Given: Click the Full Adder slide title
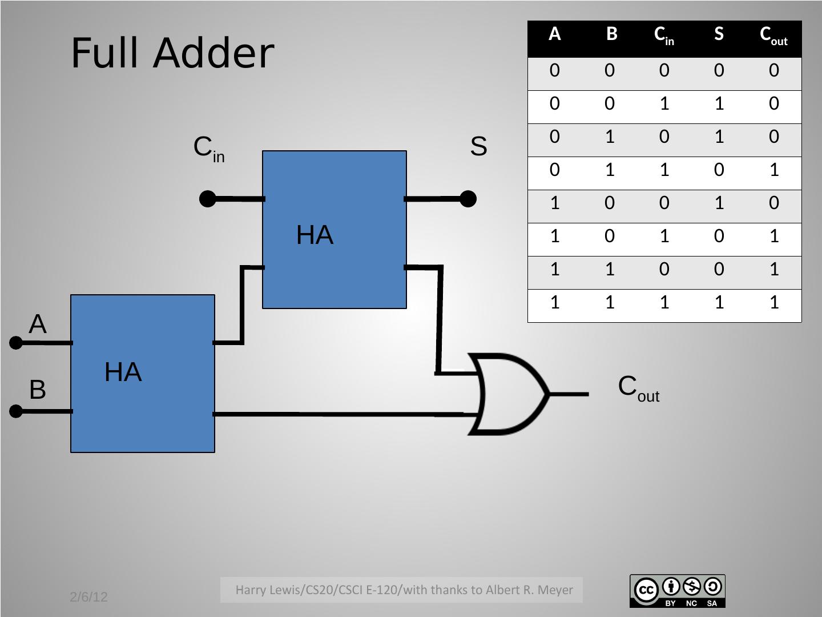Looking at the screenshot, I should point(172,53).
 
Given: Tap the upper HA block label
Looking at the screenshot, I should point(315,235).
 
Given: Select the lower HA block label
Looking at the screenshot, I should point(123,372).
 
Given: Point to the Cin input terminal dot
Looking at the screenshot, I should point(208,199).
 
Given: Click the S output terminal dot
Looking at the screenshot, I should point(468,199).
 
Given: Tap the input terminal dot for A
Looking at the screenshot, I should point(16,343).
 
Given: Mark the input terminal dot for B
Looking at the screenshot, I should point(16,411).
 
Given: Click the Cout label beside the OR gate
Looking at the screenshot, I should point(638,388).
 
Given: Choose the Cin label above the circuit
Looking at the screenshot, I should point(209,149).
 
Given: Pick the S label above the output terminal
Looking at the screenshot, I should point(478,147).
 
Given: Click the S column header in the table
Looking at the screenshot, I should point(719,35).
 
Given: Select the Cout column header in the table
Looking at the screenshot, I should point(773,36).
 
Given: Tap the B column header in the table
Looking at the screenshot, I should point(611,35).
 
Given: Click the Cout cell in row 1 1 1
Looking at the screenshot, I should point(773,302).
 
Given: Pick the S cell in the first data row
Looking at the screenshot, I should point(719,70).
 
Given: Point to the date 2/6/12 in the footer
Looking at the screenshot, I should point(88,597).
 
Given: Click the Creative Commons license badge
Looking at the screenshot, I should point(677,591).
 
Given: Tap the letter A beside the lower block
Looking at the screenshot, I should point(38,324).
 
